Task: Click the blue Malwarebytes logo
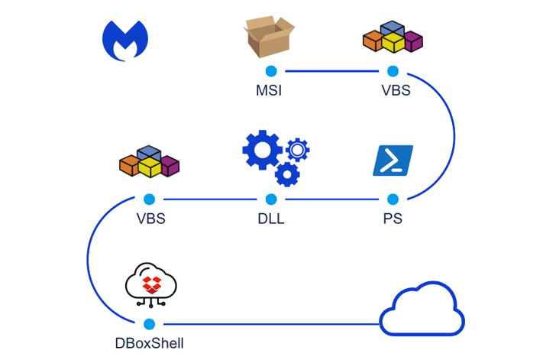[125, 41]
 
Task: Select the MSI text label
[269, 91]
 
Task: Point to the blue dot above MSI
[270, 71]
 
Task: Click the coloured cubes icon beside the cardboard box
[393, 37]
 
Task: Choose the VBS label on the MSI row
[396, 91]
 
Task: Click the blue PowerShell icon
[393, 161]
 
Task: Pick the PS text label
[393, 219]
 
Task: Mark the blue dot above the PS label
[393, 199]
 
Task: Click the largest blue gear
[261, 150]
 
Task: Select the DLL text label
[271, 219]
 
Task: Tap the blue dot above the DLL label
[271, 199]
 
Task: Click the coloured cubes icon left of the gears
[149, 161]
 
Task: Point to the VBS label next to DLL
[150, 219]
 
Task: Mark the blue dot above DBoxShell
[149, 324]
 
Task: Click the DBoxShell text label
[149, 344]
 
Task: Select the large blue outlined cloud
[422, 310]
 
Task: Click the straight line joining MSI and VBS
[331, 71]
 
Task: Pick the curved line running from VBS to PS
[454, 136]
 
